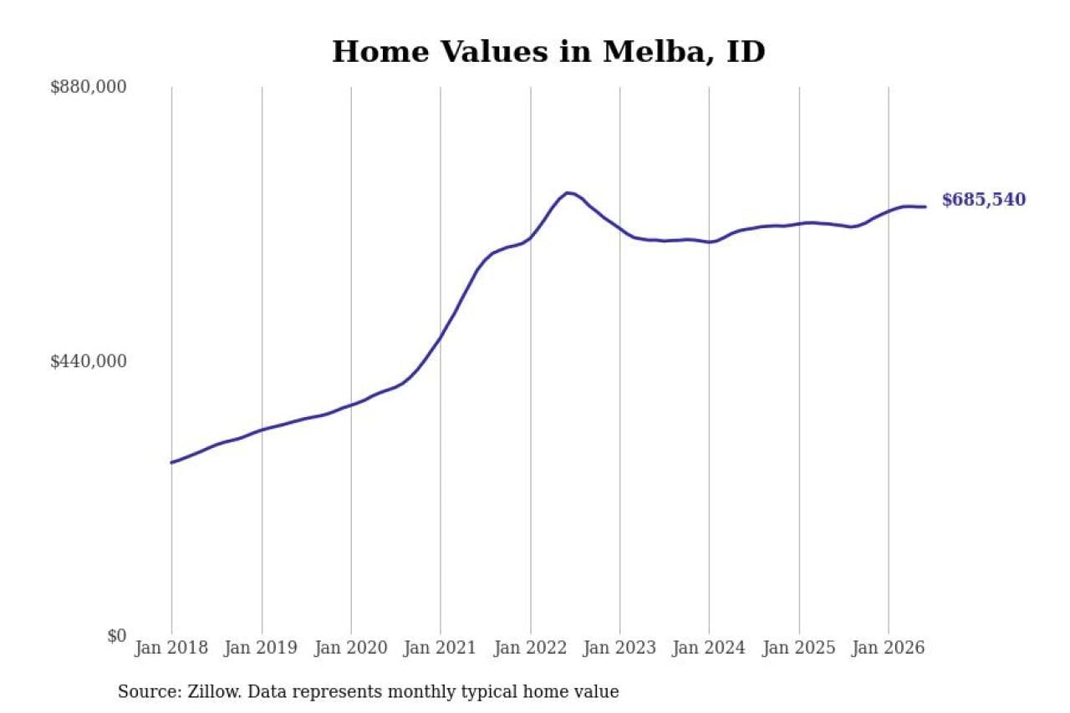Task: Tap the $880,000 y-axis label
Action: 89,87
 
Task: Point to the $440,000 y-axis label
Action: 89,361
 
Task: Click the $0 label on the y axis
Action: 117,635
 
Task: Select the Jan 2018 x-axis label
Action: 171,648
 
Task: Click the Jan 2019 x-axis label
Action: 261,648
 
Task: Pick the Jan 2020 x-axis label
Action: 350,648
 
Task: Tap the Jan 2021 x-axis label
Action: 440,648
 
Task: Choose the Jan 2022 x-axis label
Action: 530,648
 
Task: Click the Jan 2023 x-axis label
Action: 619,648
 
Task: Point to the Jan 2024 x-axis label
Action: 709,648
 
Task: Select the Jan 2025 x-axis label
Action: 799,648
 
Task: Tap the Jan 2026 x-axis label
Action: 889,648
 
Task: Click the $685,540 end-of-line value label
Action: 984,200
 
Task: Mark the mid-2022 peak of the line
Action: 568,193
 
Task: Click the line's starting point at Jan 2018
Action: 171,463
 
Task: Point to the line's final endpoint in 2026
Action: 925,206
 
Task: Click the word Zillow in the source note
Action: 215,691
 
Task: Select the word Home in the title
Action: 380,52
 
